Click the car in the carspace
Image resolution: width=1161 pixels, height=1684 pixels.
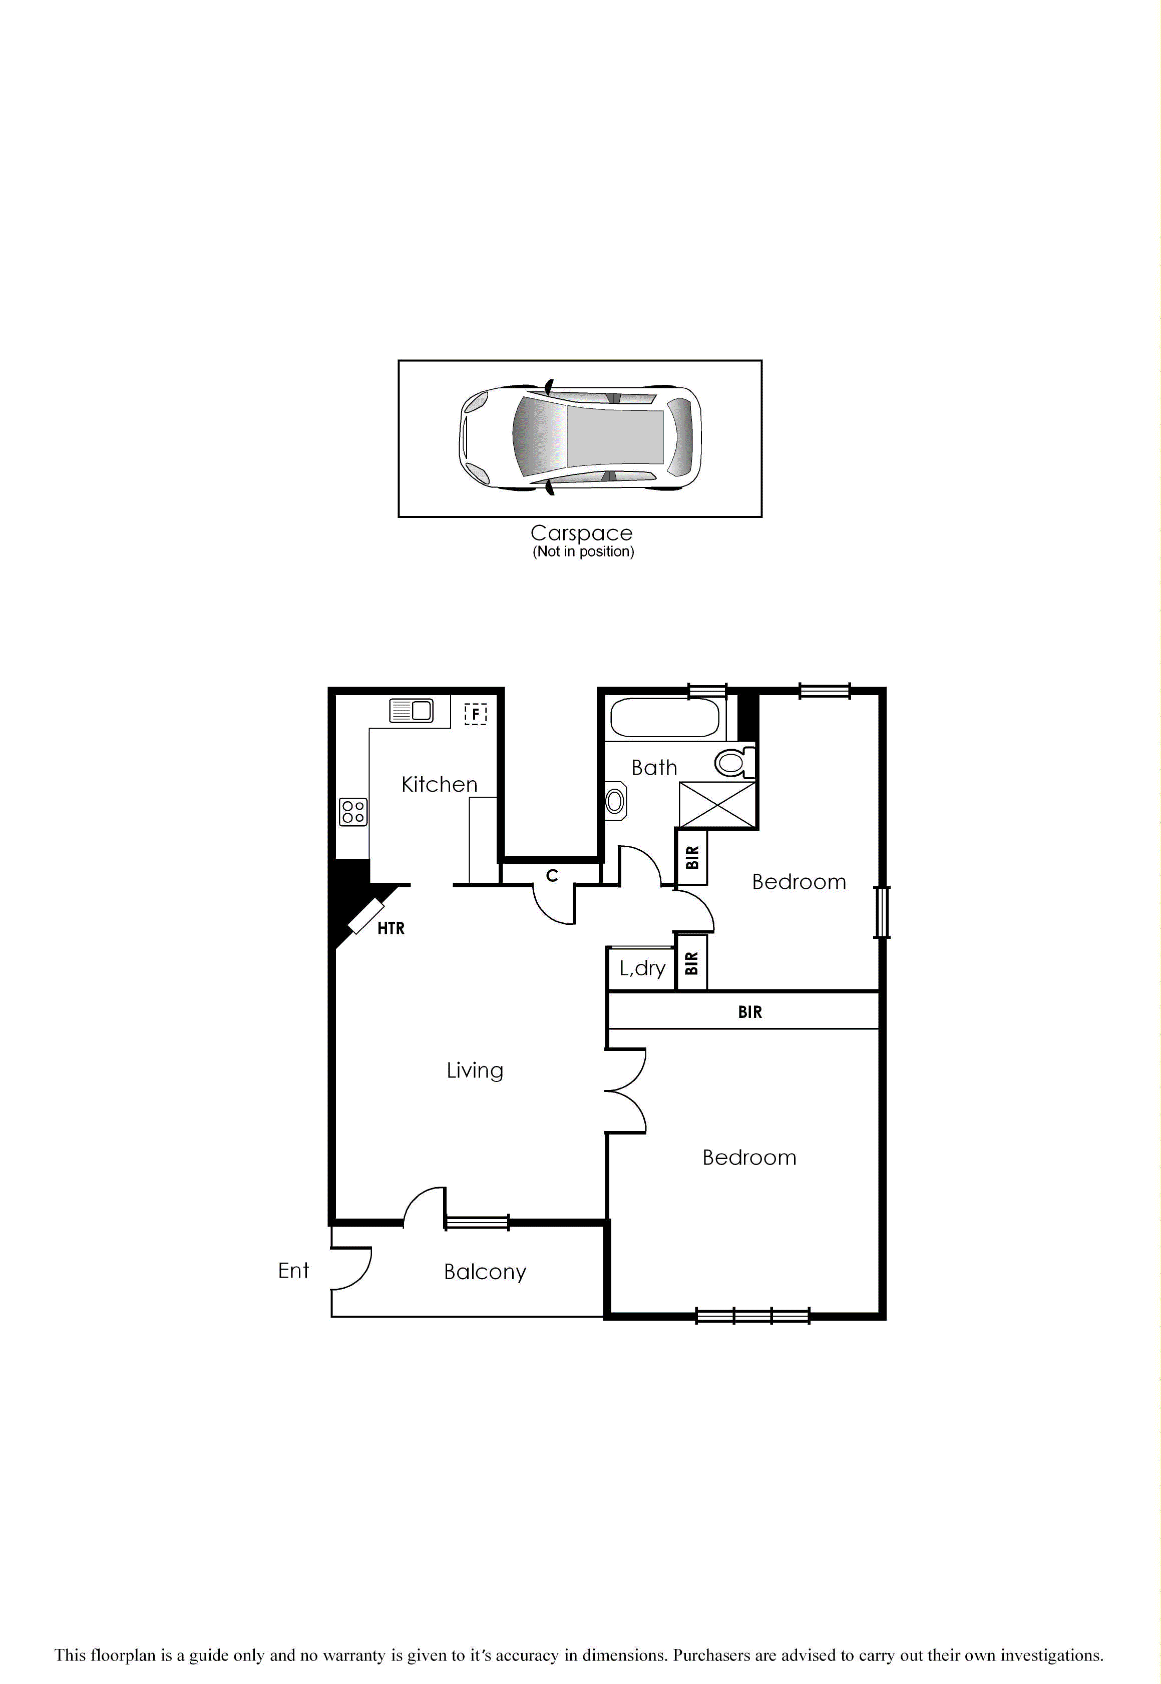tap(581, 438)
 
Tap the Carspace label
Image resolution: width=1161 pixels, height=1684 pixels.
tap(581, 533)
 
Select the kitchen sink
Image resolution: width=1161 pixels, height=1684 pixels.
tap(411, 711)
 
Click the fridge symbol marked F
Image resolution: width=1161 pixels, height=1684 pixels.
tap(475, 714)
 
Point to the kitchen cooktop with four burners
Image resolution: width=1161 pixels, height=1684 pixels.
tap(353, 811)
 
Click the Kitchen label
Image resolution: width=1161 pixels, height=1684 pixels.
tap(440, 785)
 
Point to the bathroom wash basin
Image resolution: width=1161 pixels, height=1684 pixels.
tap(615, 801)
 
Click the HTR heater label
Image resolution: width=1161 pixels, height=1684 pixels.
tap(391, 928)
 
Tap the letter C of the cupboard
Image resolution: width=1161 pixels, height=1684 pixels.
tap(552, 876)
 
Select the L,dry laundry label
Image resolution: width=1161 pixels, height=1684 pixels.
tap(642, 968)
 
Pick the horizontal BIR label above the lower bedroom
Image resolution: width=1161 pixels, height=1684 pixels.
tap(749, 1012)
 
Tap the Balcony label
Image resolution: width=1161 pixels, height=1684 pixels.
tap(485, 1272)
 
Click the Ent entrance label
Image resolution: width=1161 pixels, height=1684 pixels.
tap(293, 1270)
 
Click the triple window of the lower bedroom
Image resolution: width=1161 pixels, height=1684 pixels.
tap(752, 1315)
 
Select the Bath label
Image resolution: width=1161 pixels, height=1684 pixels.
tap(654, 768)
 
